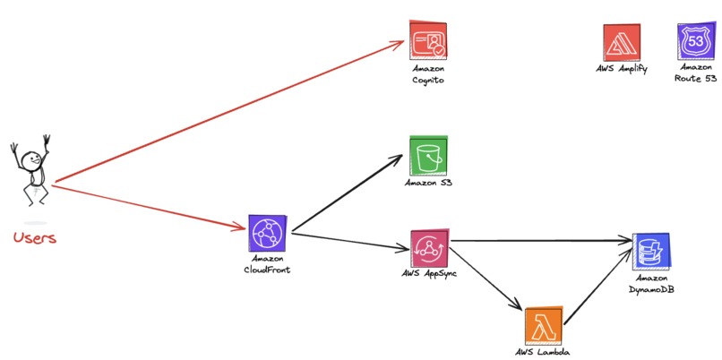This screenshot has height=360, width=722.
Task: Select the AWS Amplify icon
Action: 621,42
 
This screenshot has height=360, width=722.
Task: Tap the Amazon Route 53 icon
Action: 695,41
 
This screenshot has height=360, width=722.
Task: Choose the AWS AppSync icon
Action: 429,246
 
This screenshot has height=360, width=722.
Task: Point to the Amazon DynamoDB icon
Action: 650,252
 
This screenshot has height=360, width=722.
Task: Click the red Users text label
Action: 35,238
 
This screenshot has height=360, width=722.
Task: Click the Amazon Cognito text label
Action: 428,74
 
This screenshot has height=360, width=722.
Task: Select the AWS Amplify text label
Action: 621,68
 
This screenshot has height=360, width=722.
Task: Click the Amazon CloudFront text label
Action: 266,264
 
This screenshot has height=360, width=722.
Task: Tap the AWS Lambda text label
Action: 542,351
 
